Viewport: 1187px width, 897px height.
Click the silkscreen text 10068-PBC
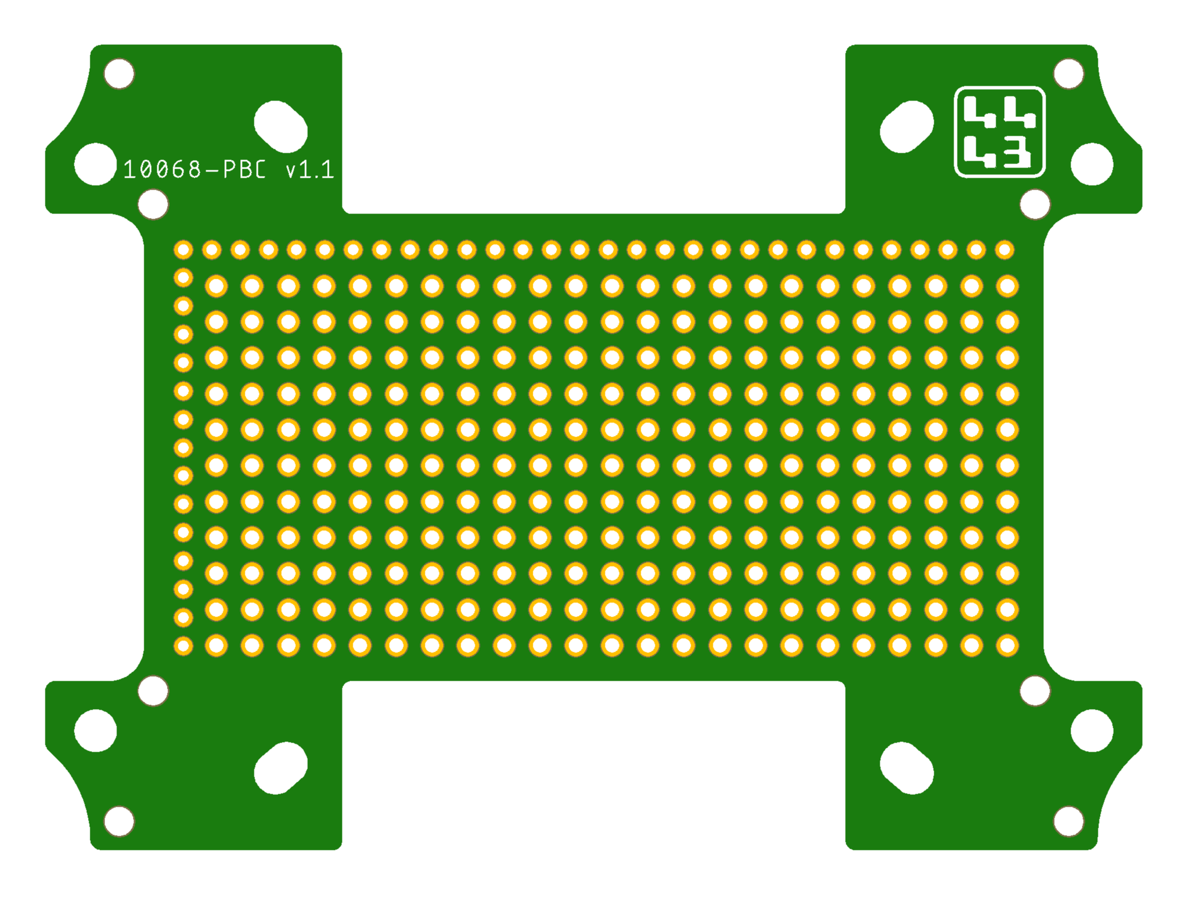coord(194,169)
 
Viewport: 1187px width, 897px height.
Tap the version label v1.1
coord(310,170)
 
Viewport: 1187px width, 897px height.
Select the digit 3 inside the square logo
coord(1017,152)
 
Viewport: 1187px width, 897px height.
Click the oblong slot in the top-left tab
coord(281,127)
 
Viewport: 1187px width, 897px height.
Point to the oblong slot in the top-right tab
coord(906,127)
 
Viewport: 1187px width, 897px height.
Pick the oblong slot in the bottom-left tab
coord(281,768)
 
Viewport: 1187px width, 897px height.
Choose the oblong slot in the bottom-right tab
coord(906,768)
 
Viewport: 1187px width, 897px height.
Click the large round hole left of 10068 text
coord(95,164)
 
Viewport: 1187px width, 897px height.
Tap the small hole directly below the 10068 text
coord(153,204)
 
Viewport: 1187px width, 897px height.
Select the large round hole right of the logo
coord(1092,164)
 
